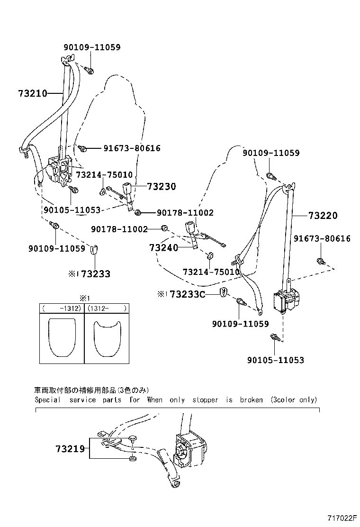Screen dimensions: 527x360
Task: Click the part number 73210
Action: (x=33, y=93)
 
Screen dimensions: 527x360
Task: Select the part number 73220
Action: (x=323, y=216)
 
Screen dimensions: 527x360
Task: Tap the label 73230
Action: (x=161, y=187)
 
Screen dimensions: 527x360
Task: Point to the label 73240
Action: (x=163, y=248)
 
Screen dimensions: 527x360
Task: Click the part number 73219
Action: (x=70, y=448)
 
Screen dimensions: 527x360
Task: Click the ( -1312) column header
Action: (x=62, y=308)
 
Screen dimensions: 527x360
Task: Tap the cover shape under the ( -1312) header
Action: (x=62, y=337)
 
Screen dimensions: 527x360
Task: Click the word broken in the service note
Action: (x=251, y=400)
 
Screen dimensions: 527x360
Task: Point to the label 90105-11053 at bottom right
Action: (x=276, y=360)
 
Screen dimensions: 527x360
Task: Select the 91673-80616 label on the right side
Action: (x=322, y=238)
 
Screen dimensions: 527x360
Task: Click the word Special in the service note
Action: (x=48, y=400)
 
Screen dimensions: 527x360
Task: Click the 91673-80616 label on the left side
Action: (x=132, y=148)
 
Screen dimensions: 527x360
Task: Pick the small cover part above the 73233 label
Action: (x=95, y=250)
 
